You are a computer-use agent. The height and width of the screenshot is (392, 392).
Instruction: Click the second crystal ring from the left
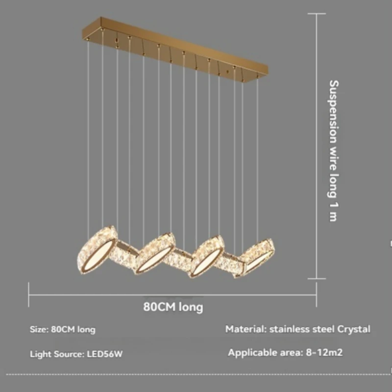(x=156, y=253)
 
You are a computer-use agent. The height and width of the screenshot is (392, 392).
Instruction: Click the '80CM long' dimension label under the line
(x=173, y=307)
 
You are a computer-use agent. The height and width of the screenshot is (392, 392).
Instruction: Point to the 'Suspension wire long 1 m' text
(x=333, y=150)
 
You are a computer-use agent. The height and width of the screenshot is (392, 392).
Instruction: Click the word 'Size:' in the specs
(x=39, y=329)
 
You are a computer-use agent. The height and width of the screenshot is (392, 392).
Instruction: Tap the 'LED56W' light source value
(x=104, y=354)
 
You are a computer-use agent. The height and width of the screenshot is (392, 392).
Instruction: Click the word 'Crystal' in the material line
(x=354, y=329)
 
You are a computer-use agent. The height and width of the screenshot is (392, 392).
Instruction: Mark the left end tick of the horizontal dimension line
(x=29, y=295)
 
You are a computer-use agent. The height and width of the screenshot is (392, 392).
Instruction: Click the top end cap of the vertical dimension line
(x=317, y=14)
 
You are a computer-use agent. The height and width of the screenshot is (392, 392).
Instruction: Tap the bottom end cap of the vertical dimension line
(x=317, y=279)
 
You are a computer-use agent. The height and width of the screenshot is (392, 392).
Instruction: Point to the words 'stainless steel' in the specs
(x=302, y=329)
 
